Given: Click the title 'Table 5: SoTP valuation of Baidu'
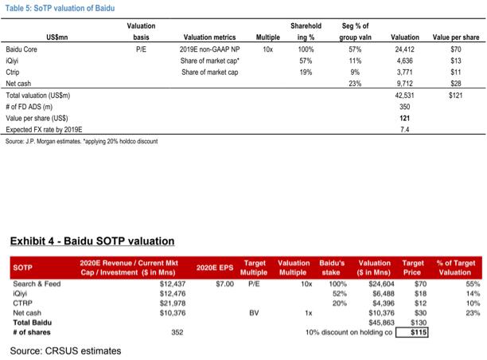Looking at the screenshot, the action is [x=60, y=8].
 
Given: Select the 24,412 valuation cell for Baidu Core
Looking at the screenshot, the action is [x=405, y=49].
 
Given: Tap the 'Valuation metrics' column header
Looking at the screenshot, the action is [x=209, y=37].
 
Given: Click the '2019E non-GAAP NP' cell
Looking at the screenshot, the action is [x=209, y=49].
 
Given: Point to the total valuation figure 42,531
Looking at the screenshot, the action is [x=405, y=95].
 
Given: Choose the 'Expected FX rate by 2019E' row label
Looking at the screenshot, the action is [x=44, y=130].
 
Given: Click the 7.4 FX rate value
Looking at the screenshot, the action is [x=405, y=130].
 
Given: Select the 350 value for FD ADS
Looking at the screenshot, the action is [x=405, y=107].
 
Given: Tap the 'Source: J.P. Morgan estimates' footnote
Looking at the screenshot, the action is [x=81, y=142].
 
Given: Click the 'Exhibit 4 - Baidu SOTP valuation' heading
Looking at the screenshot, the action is [x=92, y=241].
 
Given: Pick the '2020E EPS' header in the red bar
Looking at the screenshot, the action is [x=215, y=268].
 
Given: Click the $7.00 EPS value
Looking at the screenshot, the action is [x=225, y=284].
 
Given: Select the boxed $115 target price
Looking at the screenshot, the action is [x=412, y=332].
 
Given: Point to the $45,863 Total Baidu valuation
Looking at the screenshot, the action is [x=381, y=323].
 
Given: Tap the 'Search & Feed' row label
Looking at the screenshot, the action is [x=37, y=284].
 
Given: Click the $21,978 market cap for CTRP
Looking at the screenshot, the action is [x=173, y=303].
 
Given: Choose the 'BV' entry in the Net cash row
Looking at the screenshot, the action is [x=254, y=313].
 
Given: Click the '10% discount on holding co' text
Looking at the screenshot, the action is [x=349, y=332].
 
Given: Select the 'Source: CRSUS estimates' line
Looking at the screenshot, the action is [x=65, y=351].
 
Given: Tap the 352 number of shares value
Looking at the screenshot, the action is [x=177, y=332].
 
